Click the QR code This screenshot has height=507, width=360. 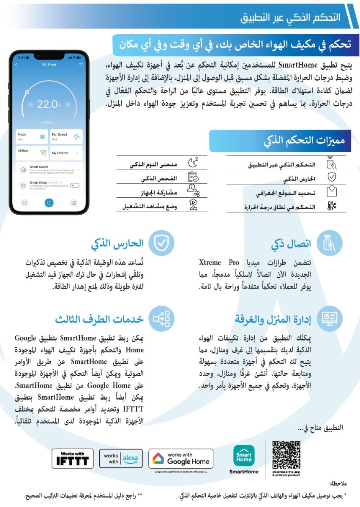tap(286, 455)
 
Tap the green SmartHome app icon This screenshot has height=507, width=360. tap(244, 456)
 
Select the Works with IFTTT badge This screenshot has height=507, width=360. tap(73, 458)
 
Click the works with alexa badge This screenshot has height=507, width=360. tap(121, 458)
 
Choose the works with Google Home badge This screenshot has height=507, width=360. tap(183, 458)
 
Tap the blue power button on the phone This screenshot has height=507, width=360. tap(49, 203)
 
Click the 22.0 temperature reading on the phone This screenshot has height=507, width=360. tap(47, 104)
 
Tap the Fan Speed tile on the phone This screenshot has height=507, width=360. tap(66, 136)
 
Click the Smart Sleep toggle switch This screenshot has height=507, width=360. tap(75, 185)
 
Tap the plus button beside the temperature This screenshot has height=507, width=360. tap(68, 104)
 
